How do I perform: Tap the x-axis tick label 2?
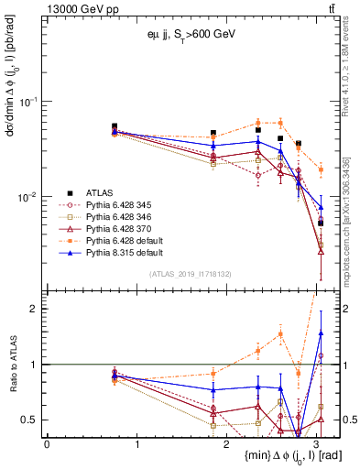(x=229, y=444)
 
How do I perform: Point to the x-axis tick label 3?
(x=320, y=444)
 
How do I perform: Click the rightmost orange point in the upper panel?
(x=321, y=169)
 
